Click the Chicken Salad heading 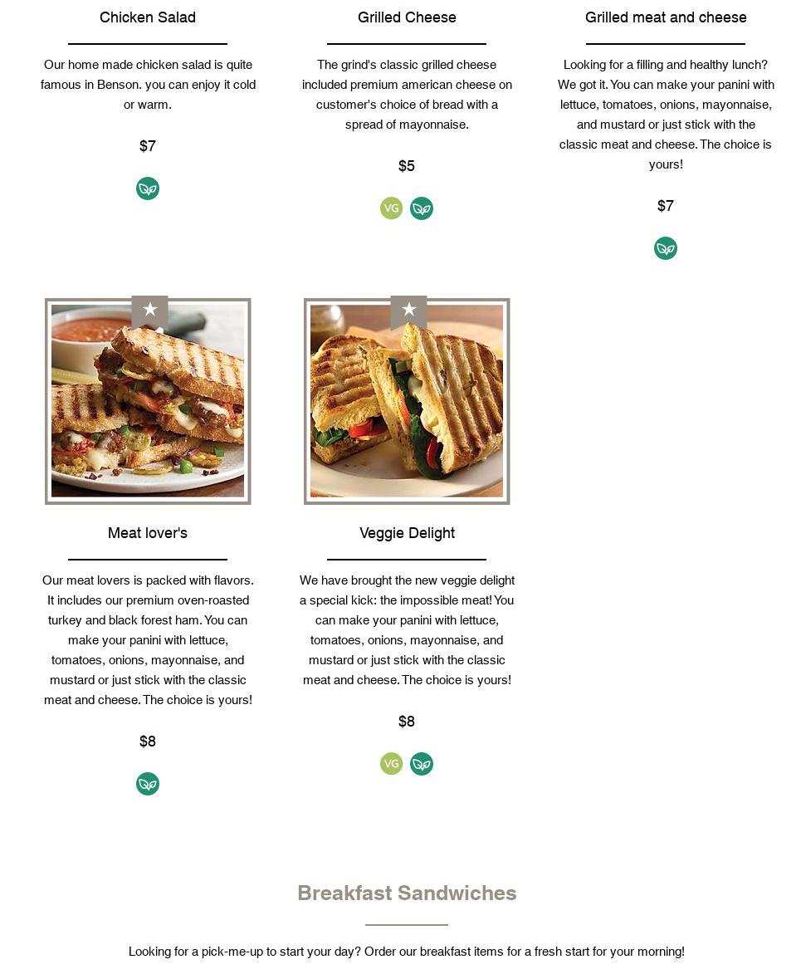[x=147, y=17]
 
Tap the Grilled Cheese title [x=407, y=17]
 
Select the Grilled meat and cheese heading [x=666, y=17]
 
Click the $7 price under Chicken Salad [x=147, y=146]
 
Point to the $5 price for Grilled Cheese [x=406, y=166]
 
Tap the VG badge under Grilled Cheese [x=391, y=208]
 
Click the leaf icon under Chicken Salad [x=148, y=188]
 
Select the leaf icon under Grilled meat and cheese [x=666, y=248]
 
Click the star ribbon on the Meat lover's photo [x=149, y=311]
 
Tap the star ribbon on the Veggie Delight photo [x=408, y=311]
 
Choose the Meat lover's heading [x=148, y=533]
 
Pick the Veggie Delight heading [x=407, y=533]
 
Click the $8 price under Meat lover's [x=147, y=741]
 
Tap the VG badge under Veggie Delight [x=391, y=763]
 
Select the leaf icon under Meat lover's [x=148, y=784]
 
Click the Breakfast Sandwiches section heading [x=407, y=893]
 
